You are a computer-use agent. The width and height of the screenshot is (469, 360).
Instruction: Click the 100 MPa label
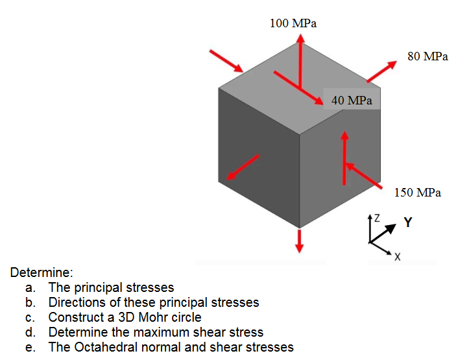click(x=293, y=24)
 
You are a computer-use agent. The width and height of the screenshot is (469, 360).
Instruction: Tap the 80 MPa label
click(x=427, y=56)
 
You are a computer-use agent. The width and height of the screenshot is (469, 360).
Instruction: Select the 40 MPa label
click(x=352, y=101)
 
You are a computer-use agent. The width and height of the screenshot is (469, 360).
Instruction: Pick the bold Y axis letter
click(x=407, y=222)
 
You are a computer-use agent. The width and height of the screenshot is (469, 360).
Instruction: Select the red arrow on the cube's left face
click(x=243, y=168)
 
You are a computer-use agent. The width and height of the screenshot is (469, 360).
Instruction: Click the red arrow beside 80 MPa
click(x=381, y=71)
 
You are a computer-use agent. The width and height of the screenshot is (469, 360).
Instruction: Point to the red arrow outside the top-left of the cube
click(x=225, y=59)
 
